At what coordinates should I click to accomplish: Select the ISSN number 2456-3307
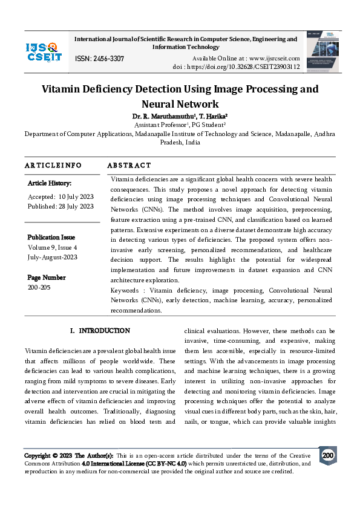tap(100, 58)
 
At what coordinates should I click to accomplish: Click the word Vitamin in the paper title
tap(62, 89)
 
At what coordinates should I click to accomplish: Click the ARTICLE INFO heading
tap(53, 165)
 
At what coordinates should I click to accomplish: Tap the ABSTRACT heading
tap(129, 165)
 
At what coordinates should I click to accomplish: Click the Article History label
tap(50, 183)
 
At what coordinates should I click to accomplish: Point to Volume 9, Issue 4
tap(52, 247)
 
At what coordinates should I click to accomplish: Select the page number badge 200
tap(327, 455)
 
